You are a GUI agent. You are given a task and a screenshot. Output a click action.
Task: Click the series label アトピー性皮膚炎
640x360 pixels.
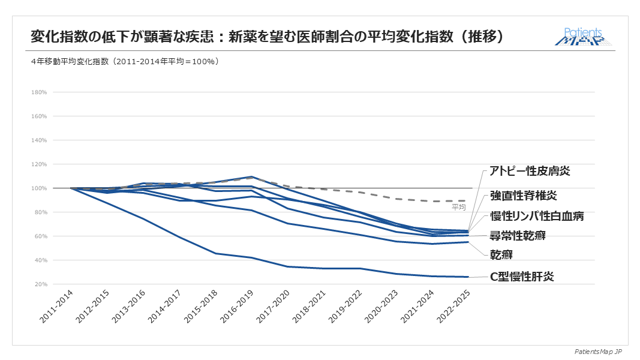point(530,171)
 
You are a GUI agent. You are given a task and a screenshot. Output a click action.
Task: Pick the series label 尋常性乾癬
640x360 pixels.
point(518,236)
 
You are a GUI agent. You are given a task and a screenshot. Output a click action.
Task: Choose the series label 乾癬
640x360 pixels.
point(503,256)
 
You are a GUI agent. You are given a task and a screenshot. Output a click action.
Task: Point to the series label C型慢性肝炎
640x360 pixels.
point(521,277)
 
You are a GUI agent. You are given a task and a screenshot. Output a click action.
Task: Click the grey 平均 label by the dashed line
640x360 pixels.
point(458,207)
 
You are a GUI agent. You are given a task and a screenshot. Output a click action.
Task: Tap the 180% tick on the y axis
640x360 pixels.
point(39,92)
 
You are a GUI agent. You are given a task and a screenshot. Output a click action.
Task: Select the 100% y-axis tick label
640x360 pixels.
point(39,188)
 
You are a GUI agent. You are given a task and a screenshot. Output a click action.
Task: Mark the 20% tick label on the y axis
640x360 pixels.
point(40,284)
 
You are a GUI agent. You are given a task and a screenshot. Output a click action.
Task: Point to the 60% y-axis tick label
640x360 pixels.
point(40,236)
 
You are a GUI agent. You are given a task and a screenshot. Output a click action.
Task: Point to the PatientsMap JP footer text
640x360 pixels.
point(599,351)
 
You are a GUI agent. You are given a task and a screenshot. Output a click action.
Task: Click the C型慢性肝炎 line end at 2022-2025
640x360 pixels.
point(468,277)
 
